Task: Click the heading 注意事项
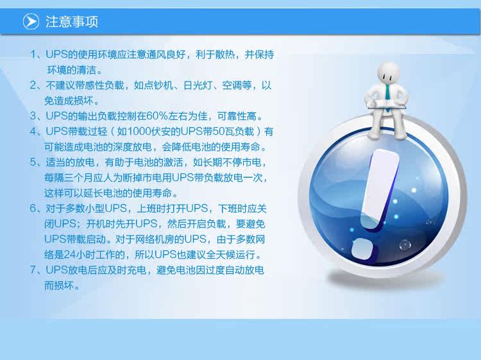click(72, 22)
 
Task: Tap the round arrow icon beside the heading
click(31, 21)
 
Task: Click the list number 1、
click(37, 55)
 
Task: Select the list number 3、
click(37, 116)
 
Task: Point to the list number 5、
click(37, 162)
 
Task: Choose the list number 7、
click(37, 270)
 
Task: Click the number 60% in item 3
click(156, 116)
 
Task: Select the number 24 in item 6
click(70, 255)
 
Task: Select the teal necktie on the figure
click(388, 93)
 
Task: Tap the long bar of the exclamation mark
click(380, 188)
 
